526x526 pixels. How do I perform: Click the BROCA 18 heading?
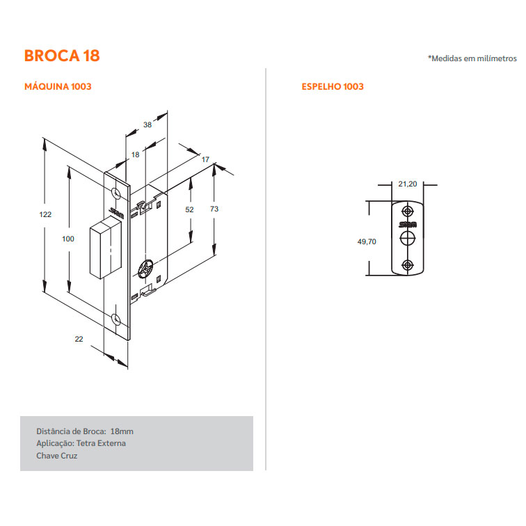pos(62,56)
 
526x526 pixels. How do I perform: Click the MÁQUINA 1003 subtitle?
pos(58,86)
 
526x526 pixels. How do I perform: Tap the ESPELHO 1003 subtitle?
pos(333,86)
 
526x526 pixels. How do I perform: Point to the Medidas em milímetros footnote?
pos(472,58)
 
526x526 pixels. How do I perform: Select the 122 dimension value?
pos(45,214)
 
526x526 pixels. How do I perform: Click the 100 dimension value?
pos(68,239)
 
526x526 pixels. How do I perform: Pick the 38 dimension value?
pos(148,125)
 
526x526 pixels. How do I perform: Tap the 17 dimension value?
pos(205,159)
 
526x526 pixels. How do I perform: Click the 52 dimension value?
pos(189,209)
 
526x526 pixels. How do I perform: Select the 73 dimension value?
pos(214,209)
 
